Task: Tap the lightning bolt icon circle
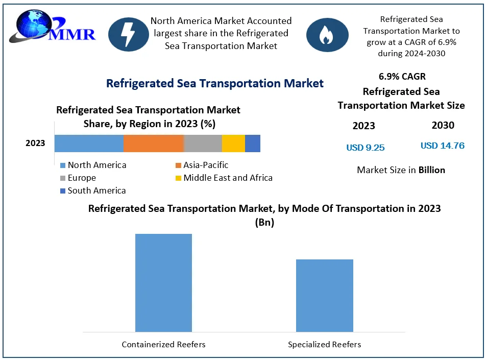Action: coord(129,34)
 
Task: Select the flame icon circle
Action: coord(327,34)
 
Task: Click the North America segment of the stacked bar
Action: coord(89,143)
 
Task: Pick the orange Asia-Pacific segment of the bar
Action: coord(154,143)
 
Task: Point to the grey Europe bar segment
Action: coord(203,143)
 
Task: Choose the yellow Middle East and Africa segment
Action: coord(233,143)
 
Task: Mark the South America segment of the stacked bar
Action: coord(253,143)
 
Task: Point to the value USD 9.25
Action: coord(366,148)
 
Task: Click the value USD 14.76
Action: coord(443,146)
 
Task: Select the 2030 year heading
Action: coord(443,125)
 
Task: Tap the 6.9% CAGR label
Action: coord(402,77)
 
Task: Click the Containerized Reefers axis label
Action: coord(163,345)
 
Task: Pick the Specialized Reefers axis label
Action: coord(325,345)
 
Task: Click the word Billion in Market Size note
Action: coord(432,170)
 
